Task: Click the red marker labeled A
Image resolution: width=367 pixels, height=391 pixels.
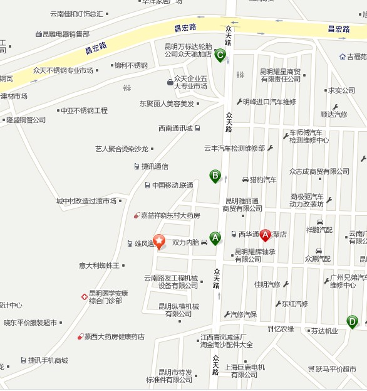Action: (x=265, y=235)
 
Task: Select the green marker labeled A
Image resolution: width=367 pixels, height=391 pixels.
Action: (x=215, y=238)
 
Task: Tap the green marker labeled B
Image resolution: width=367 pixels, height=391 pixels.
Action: (x=215, y=176)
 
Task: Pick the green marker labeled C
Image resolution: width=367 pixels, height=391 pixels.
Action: (x=220, y=55)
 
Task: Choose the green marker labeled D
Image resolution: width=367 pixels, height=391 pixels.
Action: (x=353, y=322)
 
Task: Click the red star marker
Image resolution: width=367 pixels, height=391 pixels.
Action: (x=159, y=241)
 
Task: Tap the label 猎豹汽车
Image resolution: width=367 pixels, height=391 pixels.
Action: (x=263, y=179)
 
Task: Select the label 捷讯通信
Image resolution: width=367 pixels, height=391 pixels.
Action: (x=155, y=166)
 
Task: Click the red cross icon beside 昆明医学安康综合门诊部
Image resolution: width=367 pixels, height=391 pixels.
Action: (x=84, y=296)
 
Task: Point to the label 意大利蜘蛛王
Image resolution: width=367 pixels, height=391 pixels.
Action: (x=99, y=265)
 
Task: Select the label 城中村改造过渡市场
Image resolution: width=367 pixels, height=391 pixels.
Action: (x=86, y=201)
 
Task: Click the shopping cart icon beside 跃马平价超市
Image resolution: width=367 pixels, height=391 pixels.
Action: (x=311, y=369)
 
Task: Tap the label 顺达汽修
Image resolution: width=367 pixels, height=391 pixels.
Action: (x=333, y=114)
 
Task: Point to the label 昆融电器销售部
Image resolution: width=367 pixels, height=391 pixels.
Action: (x=66, y=34)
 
